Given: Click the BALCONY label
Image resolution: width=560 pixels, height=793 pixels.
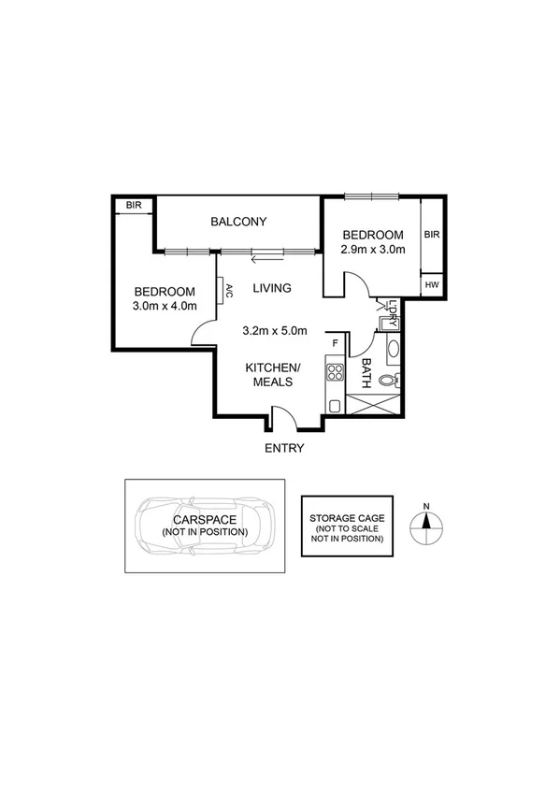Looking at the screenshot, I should [x=238, y=222].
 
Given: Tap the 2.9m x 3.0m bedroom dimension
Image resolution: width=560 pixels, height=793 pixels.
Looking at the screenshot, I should [x=372, y=250].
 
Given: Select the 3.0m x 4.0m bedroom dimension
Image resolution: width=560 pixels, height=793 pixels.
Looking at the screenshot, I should [x=165, y=306].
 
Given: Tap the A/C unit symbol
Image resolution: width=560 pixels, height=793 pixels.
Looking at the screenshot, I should [x=224, y=291].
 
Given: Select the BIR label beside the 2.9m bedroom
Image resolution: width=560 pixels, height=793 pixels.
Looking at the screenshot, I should [x=431, y=236].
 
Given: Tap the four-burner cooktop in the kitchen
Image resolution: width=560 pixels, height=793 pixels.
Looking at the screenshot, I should [x=334, y=374].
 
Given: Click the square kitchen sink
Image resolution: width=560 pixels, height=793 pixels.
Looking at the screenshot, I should [x=334, y=404].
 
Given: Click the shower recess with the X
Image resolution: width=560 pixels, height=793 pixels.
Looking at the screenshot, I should [x=374, y=406].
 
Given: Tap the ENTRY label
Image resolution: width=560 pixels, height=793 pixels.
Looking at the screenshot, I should [x=283, y=448].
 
